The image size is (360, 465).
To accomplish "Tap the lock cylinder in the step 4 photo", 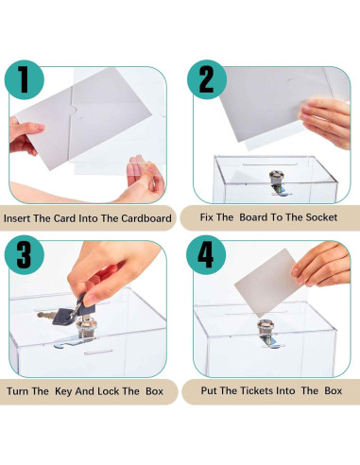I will [267, 331].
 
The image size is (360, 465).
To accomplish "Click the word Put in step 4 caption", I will [212, 389].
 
